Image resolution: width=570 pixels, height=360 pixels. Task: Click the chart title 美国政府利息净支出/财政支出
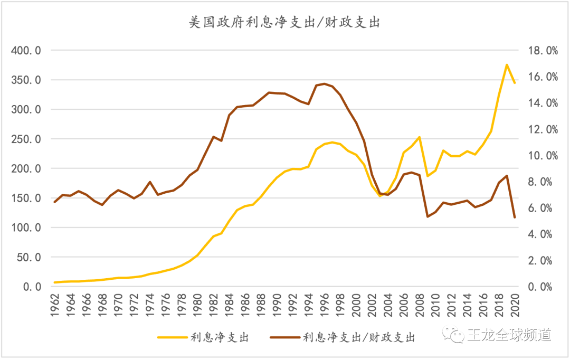click(284, 23)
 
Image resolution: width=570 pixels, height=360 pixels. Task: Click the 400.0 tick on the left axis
click(26, 51)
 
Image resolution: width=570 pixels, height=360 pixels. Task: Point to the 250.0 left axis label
click(26, 139)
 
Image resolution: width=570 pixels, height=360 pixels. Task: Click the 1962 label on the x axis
click(55, 305)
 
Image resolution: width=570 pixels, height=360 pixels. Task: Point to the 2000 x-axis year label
click(356, 305)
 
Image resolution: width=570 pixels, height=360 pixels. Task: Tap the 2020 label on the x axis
click(515, 305)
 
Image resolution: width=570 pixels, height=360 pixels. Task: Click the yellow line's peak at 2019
click(507, 65)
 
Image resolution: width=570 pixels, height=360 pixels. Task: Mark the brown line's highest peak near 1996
click(325, 83)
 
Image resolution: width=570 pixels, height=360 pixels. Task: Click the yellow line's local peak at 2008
click(419, 137)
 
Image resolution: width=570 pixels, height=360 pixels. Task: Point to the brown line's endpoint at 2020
click(515, 217)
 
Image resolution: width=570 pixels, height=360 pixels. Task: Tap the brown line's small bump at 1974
click(150, 182)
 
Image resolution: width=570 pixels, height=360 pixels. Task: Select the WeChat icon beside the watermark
click(453, 335)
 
